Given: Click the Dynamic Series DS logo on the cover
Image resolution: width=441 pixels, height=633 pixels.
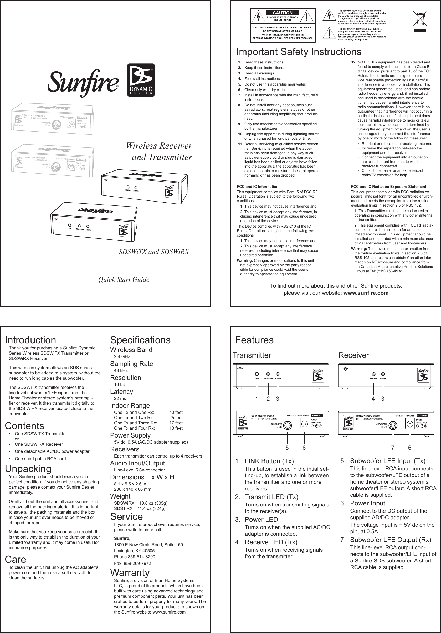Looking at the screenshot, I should (x=141, y=80).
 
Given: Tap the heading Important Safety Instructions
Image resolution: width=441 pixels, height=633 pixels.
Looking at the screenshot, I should (x=299, y=52).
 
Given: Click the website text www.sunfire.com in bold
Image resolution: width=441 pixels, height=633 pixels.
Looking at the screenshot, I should (x=366, y=293).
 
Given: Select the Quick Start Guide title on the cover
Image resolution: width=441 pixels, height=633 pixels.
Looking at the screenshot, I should (x=124, y=280).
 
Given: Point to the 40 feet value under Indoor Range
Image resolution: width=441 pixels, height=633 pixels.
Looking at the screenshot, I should (x=176, y=413).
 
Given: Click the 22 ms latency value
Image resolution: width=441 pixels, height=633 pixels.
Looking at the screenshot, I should (x=120, y=398).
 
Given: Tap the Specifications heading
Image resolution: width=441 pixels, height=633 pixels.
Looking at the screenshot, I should (x=140, y=340).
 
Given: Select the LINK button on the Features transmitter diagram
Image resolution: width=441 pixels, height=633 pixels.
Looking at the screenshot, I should (x=257, y=374).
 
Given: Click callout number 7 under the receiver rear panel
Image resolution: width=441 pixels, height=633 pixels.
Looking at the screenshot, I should (x=393, y=448).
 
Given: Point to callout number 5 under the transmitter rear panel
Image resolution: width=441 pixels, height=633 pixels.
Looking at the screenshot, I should (x=287, y=448).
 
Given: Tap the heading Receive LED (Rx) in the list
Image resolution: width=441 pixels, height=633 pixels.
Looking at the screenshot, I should (x=271, y=542).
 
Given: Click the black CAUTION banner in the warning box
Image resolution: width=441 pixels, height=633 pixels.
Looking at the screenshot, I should (x=282, y=13).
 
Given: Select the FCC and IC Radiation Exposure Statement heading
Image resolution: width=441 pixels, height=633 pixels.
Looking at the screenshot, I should (x=388, y=187).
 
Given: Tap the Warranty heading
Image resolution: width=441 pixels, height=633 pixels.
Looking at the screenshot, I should (x=130, y=573).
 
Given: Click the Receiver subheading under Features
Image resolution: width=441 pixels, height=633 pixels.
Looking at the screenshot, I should (x=353, y=355).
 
